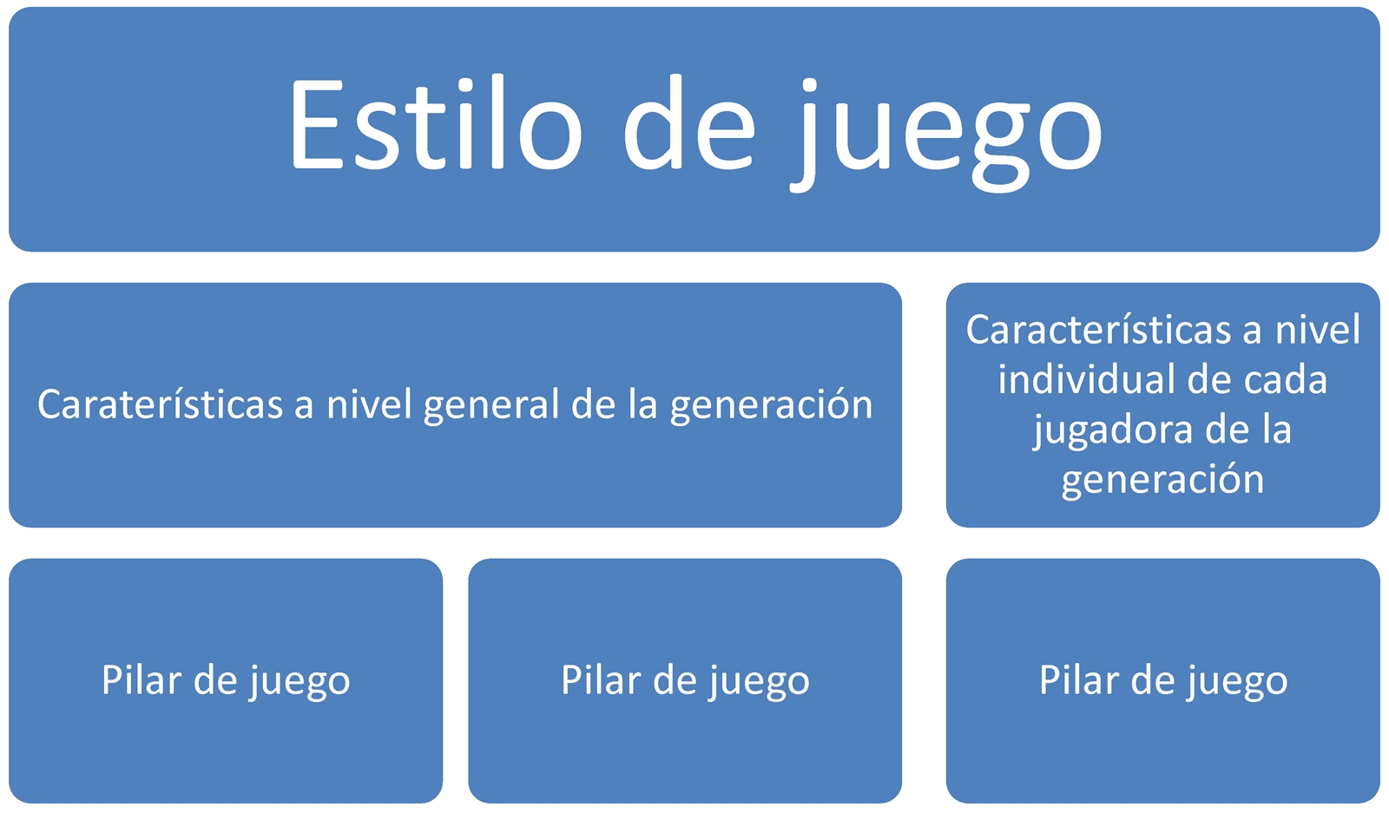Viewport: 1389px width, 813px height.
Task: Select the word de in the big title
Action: click(689, 122)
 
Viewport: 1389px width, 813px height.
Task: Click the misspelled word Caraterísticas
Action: click(160, 404)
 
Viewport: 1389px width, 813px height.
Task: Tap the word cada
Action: click(1283, 378)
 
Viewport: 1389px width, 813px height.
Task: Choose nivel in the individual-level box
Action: click(1318, 329)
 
